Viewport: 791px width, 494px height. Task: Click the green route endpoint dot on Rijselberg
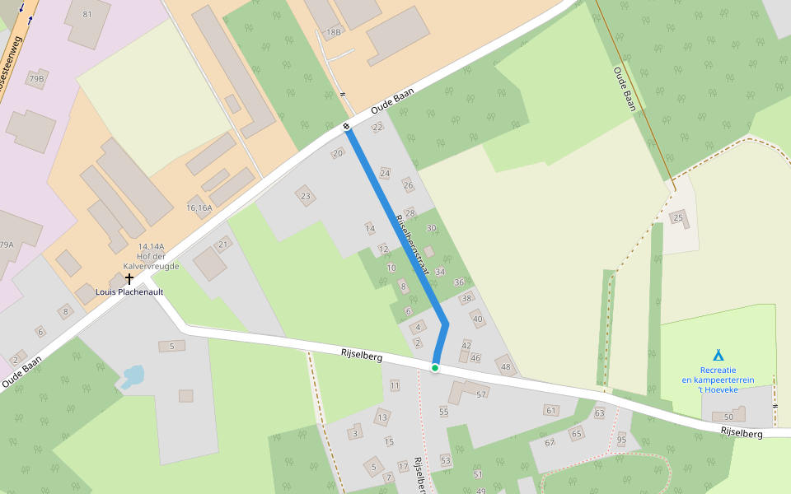[434, 367]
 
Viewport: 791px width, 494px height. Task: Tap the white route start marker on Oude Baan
[347, 126]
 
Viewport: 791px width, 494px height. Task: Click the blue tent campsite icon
[718, 355]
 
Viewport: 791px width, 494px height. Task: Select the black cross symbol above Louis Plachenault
[129, 279]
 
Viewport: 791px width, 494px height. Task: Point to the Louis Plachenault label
[129, 292]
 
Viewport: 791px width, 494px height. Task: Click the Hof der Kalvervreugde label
[151, 256]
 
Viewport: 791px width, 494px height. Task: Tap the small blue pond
[133, 376]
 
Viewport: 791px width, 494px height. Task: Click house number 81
[88, 15]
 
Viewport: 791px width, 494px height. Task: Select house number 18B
[333, 32]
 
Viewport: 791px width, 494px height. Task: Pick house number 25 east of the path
[678, 217]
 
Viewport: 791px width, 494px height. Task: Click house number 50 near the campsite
[728, 417]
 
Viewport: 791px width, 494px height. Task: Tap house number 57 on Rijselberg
[481, 394]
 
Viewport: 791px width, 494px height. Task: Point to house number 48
[506, 366]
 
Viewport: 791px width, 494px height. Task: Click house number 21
[222, 245]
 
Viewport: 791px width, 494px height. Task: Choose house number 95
[621, 440]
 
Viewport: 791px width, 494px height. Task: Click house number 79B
[35, 78]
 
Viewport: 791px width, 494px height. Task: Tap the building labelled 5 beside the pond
[171, 346]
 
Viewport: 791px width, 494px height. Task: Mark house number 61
[550, 410]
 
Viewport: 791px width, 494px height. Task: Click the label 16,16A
[199, 207]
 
